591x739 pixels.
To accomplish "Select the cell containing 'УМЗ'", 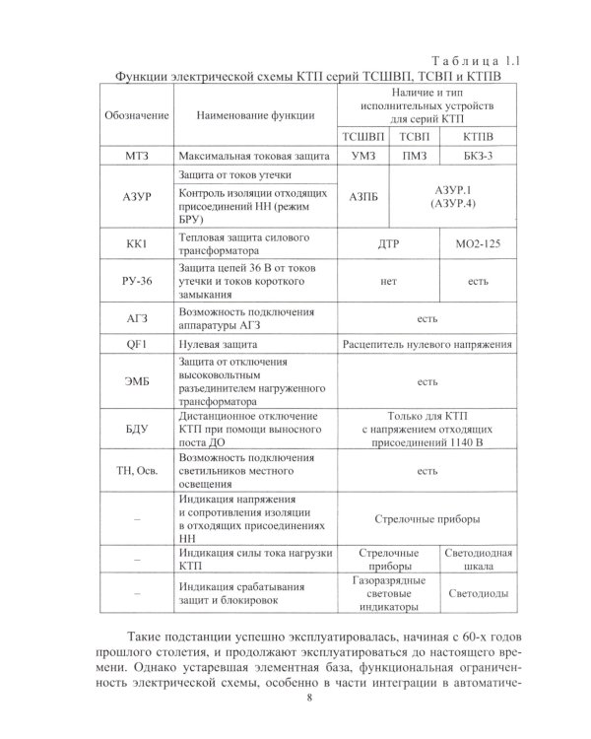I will click(x=364, y=157).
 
